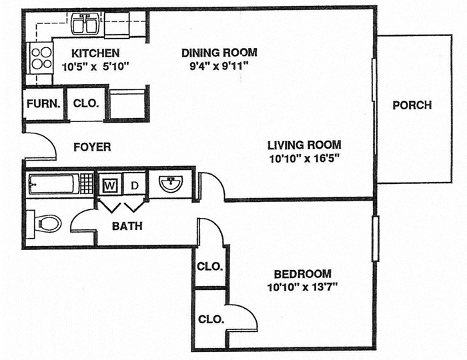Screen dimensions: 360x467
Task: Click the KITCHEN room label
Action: pos(95,53)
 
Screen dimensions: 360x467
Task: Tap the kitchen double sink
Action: pos(85,25)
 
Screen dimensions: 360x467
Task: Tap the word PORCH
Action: pos(412,105)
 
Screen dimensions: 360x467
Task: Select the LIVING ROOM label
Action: pos(304,145)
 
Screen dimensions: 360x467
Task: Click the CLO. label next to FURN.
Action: pos(85,104)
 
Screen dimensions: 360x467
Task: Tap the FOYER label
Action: pos(92,147)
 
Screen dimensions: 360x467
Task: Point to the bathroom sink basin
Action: pos(171,183)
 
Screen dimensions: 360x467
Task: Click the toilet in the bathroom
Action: pos(47,222)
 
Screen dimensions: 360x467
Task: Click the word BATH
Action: pos(127,226)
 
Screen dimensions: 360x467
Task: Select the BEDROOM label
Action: pos(303,274)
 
